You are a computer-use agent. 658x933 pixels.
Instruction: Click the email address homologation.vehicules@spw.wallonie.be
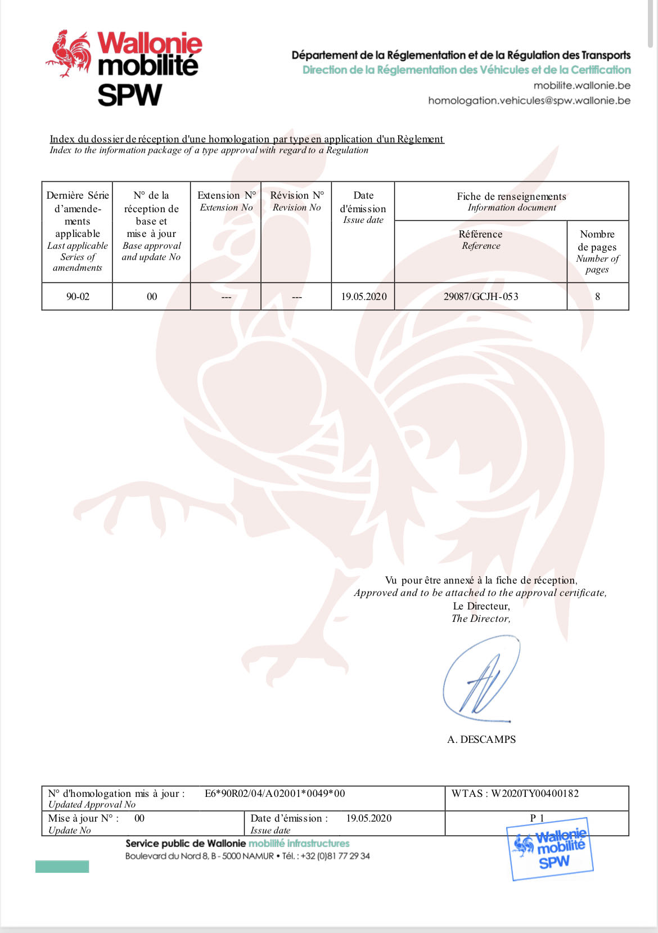(x=529, y=101)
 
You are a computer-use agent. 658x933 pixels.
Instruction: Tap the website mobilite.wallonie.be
(x=582, y=86)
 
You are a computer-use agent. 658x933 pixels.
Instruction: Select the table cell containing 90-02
(x=78, y=297)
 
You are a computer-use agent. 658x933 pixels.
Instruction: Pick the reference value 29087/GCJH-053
(x=481, y=297)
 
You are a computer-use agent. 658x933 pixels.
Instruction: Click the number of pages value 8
(x=597, y=297)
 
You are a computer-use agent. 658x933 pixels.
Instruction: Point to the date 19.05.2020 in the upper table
(x=363, y=297)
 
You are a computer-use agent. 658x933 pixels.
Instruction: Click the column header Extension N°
(x=226, y=196)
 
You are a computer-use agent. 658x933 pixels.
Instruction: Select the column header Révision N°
(x=297, y=196)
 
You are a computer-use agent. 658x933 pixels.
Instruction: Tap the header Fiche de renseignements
(x=511, y=196)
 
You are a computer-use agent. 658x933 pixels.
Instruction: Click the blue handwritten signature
(x=481, y=679)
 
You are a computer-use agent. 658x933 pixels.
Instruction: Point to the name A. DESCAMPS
(x=481, y=739)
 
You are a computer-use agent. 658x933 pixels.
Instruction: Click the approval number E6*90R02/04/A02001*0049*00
(x=275, y=793)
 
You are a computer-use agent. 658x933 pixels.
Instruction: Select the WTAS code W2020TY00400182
(x=534, y=793)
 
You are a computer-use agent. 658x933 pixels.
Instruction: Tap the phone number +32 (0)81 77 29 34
(x=335, y=856)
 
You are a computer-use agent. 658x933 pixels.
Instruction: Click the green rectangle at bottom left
(x=62, y=867)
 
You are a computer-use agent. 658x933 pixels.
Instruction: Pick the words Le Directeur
(x=481, y=606)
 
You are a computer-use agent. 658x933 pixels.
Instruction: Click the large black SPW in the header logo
(x=130, y=95)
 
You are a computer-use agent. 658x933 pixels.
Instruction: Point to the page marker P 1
(x=537, y=818)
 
